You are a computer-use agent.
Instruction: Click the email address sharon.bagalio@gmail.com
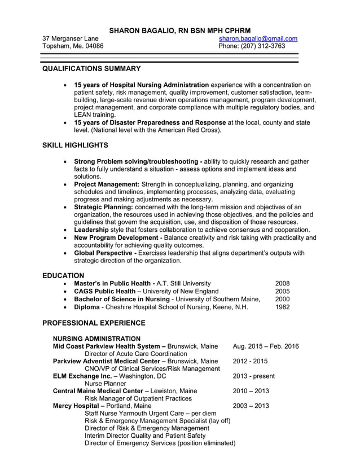pyautogui.click(x=258, y=38)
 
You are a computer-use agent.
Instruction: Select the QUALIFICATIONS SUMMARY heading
pyautogui.click(x=91, y=68)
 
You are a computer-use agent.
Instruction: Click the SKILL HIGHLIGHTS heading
pyautogui.click(x=75, y=145)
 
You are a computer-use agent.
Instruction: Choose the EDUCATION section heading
pyautogui.click(x=63, y=275)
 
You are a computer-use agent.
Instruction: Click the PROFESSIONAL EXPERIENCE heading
pyautogui.click(x=94, y=323)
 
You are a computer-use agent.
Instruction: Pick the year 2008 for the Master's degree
pyautogui.click(x=282, y=283)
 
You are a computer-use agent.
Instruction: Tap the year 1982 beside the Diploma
pyautogui.click(x=282, y=307)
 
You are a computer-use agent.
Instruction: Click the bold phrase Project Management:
pyautogui.click(x=107, y=184)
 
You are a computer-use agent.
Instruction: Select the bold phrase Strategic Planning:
pyautogui.click(x=104, y=207)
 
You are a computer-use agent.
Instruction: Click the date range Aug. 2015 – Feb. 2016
pyautogui.click(x=266, y=346)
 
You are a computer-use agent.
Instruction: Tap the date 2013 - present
pyautogui.click(x=254, y=376)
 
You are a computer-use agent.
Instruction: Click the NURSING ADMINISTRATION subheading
pyautogui.click(x=96, y=338)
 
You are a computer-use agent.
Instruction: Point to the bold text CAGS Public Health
pyautogui.click(x=104, y=291)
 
